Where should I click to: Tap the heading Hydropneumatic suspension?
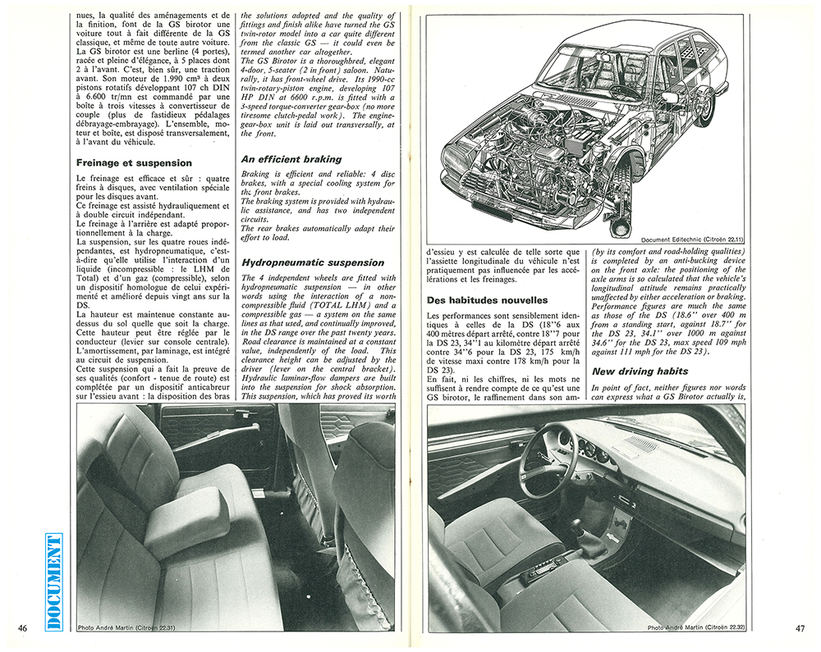click(313, 262)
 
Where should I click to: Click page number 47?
click(799, 628)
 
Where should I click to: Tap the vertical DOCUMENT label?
click(54, 581)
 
